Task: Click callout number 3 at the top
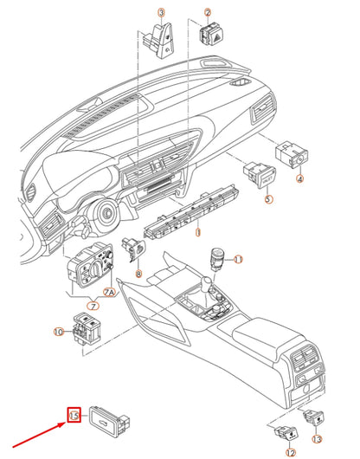160,12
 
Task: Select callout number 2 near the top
207,12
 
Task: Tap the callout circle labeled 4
300,179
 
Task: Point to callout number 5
268,200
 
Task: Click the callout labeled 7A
109,294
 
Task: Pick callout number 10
59,331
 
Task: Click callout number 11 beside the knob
239,259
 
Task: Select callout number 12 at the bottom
290,452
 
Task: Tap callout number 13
317,441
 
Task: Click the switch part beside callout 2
210,36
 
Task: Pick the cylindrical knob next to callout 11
217,259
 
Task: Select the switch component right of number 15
109,422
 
